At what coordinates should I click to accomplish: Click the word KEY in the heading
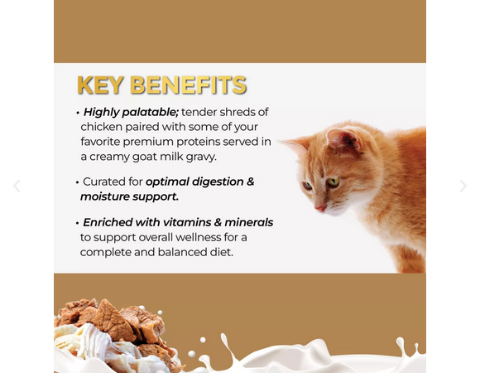pyautogui.click(x=100, y=85)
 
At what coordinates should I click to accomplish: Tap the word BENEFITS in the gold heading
pyautogui.click(x=188, y=85)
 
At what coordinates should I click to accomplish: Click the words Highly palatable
pyautogui.click(x=131, y=113)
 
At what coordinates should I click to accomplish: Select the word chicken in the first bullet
pyautogui.click(x=101, y=127)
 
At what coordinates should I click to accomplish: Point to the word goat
pyautogui.click(x=144, y=157)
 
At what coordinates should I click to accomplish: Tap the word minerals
pyautogui.click(x=249, y=222)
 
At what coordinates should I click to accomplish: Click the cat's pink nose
pyautogui.click(x=320, y=208)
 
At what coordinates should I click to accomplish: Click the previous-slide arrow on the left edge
pyautogui.click(x=17, y=186)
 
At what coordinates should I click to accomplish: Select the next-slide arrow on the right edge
pyautogui.click(x=463, y=186)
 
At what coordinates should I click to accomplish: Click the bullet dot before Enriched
pyautogui.click(x=78, y=223)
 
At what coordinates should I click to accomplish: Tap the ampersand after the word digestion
pyautogui.click(x=251, y=182)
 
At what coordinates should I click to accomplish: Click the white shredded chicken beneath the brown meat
pyautogui.click(x=92, y=340)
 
